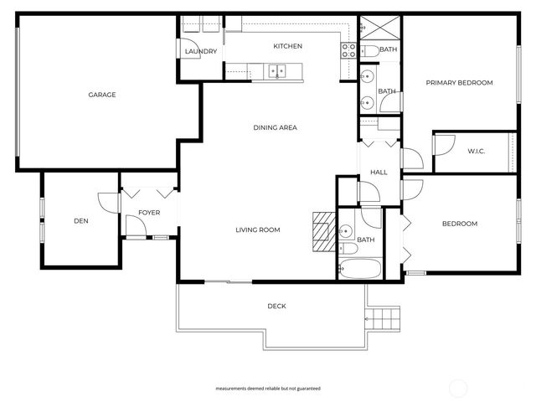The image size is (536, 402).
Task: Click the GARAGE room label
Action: click(x=102, y=95)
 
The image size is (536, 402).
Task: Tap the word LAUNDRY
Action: click(x=201, y=52)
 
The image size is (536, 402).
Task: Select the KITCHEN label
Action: click(x=287, y=46)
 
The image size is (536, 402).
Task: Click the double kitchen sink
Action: click(x=277, y=71)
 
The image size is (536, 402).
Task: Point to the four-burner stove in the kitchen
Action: click(x=347, y=49)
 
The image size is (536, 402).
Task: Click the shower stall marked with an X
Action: click(x=369, y=27)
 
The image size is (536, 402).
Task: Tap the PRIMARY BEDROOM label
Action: click(x=459, y=83)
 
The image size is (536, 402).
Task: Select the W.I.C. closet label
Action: click(x=477, y=151)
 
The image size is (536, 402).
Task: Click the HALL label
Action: click(x=379, y=173)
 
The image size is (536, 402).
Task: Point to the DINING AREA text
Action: click(x=276, y=128)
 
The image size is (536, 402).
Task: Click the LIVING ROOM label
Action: click(x=257, y=229)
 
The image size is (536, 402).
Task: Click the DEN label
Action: click(x=81, y=221)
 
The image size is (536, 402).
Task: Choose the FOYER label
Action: click(x=149, y=213)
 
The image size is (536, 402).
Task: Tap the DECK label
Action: click(x=276, y=307)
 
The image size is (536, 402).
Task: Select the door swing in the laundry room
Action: click(x=189, y=36)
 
